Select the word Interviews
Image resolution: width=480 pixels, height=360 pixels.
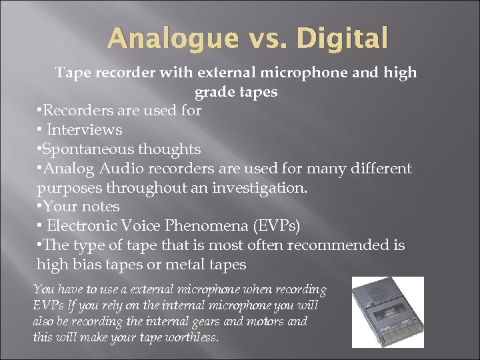[85, 129]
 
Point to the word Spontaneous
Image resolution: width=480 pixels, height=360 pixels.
[89, 149]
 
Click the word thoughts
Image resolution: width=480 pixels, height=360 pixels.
[170, 149]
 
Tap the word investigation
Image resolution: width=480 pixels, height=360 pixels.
[260, 187]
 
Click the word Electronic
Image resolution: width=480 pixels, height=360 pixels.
[87, 226]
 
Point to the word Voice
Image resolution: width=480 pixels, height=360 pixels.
[151, 226]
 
